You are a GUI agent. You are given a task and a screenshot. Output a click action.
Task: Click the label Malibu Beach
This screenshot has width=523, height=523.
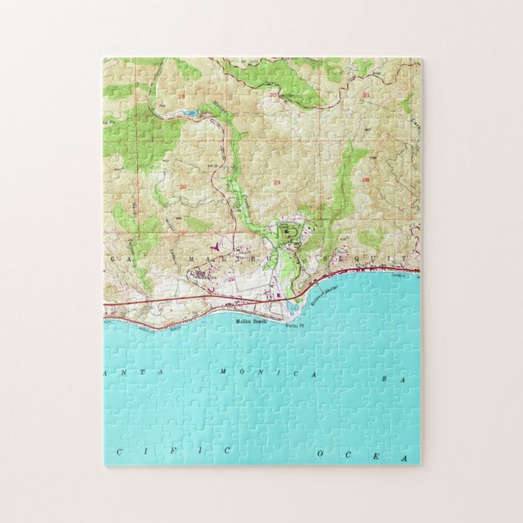coord(250,322)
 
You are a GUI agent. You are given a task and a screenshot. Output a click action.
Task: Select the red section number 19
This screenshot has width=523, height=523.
coord(181,95)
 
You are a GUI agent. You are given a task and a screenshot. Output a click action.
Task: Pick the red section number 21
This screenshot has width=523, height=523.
coord(366,94)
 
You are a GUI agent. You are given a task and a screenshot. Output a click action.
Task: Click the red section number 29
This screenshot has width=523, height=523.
coord(276,183)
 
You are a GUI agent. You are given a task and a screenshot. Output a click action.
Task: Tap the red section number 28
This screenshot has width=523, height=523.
coord(366,180)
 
